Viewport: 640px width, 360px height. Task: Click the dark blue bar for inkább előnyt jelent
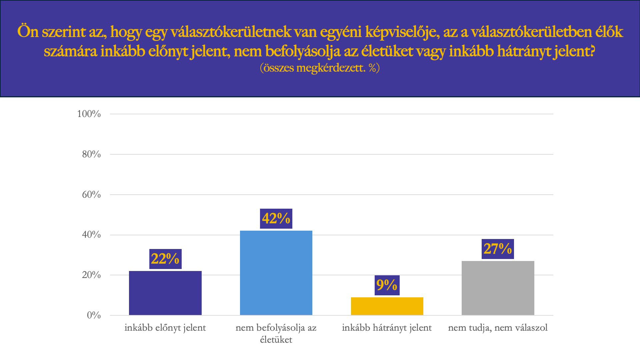(165, 293)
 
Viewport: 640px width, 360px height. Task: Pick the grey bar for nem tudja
(498, 288)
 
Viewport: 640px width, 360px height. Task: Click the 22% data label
(165, 259)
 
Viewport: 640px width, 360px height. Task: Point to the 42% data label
(276, 219)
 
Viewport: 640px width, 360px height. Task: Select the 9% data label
(387, 285)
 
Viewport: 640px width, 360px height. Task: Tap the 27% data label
(498, 249)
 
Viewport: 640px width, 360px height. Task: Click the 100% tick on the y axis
(89, 114)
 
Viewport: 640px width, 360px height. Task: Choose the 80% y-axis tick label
(91, 154)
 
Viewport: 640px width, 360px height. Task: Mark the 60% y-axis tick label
(91, 195)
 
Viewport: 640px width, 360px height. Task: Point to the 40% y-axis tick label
(91, 235)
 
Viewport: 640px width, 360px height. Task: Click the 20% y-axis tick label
(91, 275)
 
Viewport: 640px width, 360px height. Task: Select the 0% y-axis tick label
(94, 315)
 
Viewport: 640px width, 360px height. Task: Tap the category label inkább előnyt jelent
(165, 328)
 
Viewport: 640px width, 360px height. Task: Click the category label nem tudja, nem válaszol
(498, 328)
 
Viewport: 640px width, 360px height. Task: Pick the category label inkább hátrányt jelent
(387, 328)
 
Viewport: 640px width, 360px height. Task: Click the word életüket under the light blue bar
(276, 340)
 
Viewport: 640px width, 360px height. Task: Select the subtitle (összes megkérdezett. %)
(320, 68)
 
